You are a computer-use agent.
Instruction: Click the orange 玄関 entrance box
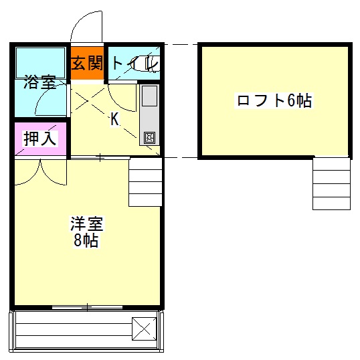coord(88,64)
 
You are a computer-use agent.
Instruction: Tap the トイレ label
coord(134,64)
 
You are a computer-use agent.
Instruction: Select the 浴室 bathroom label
coord(39,84)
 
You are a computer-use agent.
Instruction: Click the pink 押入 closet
coord(40,139)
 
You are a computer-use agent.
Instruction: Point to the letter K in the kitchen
coord(115,120)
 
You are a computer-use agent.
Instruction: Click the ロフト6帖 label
coord(274,101)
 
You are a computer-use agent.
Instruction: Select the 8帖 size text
coord(86,241)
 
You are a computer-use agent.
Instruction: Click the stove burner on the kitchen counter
coord(149,138)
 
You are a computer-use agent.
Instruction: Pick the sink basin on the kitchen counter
coord(149,96)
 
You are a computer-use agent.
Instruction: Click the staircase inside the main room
coord(145,182)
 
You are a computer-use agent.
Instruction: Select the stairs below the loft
coord(331,183)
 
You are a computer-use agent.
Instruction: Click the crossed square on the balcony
coord(144,328)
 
